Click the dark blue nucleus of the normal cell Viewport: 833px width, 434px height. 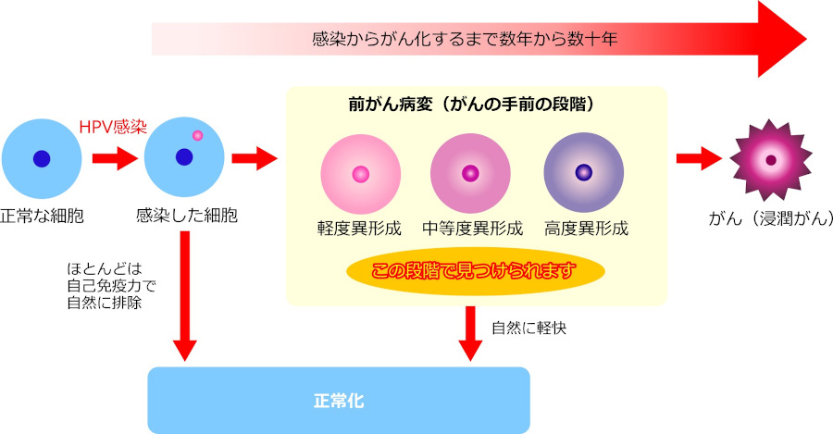click(42, 158)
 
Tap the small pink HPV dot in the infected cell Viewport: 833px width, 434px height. click(198, 135)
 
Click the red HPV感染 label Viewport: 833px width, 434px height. click(113, 127)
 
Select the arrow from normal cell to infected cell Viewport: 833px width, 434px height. click(115, 158)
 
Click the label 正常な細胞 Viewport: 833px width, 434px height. click(42, 217)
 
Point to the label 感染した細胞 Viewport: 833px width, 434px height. click(186, 215)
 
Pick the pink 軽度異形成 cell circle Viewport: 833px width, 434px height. click(361, 174)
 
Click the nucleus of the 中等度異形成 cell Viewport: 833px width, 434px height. click(470, 173)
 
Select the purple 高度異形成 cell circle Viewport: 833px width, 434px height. click(584, 172)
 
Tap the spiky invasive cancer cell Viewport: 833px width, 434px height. click(771, 160)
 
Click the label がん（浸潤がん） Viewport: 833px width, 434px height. click(771, 217)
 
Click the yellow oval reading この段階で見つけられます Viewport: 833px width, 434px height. click(476, 271)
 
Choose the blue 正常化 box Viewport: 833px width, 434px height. click(339, 401)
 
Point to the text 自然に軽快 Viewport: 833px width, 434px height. click(529, 328)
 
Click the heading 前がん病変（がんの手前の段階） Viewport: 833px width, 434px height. click(472, 105)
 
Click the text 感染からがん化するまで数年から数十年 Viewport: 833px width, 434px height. click(465, 39)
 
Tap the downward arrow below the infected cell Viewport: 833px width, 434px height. click(185, 296)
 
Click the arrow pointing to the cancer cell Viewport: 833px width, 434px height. click(699, 158)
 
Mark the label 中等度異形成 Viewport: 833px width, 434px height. click(472, 229)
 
